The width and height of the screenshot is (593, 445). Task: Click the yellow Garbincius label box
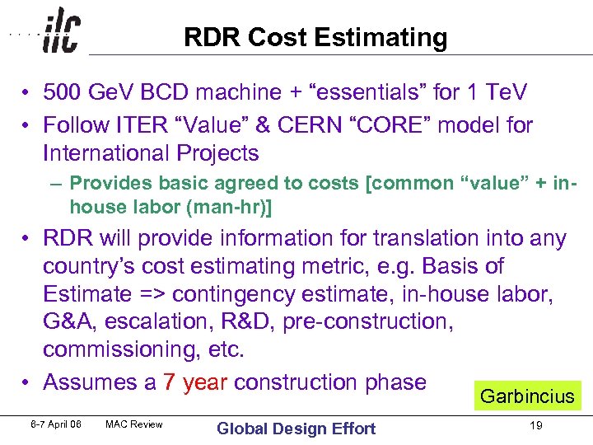click(x=526, y=396)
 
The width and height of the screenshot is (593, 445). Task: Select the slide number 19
click(x=536, y=426)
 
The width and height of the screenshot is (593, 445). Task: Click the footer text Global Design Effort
click(x=296, y=428)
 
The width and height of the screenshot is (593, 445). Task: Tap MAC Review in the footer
click(x=134, y=424)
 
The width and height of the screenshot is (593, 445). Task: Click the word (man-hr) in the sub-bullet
click(x=230, y=208)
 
